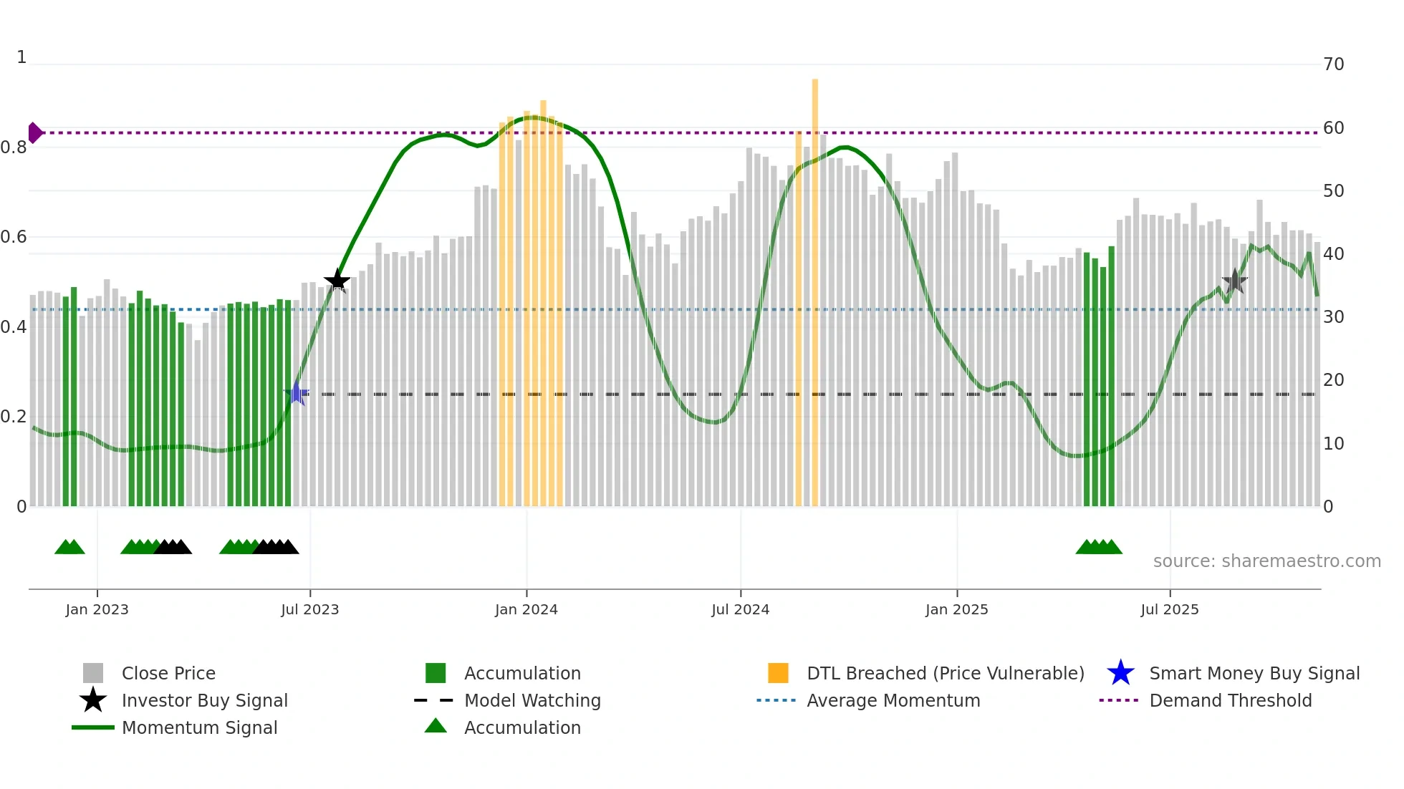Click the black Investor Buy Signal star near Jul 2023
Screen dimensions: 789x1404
337,281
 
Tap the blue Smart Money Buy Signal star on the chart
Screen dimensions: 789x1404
297,393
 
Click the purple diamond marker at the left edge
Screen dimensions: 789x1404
34,132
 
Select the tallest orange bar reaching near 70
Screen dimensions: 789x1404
815,286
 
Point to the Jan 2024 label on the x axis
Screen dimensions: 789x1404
526,609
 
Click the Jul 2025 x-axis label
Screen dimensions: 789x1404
1169,609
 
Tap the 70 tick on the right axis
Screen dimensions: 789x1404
1333,64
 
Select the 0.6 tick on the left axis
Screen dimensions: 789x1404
14,237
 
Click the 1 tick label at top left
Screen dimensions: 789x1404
21,57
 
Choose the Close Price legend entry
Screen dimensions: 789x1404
168,673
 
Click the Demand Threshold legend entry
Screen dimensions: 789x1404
1230,700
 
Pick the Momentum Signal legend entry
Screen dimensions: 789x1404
199,727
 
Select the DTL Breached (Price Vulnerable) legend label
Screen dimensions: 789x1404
945,673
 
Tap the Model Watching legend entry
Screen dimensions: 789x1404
532,700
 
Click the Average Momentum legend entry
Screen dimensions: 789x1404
893,700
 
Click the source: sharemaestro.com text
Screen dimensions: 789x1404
1266,561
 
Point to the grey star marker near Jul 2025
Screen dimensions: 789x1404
1234,281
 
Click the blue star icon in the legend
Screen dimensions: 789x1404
1120,673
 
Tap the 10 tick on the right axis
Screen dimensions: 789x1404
1333,444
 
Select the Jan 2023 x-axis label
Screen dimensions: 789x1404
97,609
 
